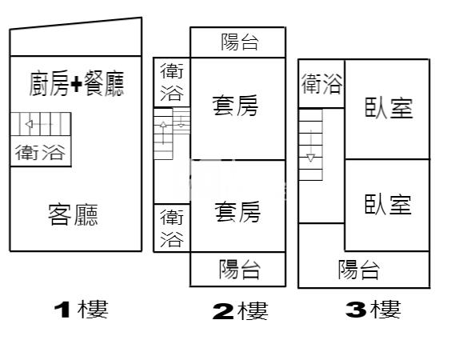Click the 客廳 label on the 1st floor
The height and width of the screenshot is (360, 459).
pyautogui.click(x=73, y=214)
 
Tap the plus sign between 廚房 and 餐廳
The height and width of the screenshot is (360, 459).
pyautogui.click(x=76, y=84)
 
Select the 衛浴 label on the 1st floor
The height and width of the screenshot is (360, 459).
pyautogui.click(x=40, y=152)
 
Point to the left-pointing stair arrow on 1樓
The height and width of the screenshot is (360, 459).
pyautogui.click(x=39, y=124)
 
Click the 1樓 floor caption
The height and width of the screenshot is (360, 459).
pyautogui.click(x=81, y=310)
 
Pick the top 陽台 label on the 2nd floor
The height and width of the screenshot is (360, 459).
pyautogui.click(x=239, y=42)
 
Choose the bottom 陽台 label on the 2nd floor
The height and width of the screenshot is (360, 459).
pyautogui.click(x=239, y=269)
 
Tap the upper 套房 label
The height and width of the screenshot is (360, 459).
pyautogui.click(x=235, y=105)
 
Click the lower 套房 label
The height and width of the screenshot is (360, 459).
pyautogui.click(x=237, y=211)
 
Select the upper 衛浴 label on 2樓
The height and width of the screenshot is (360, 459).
pyautogui.click(x=172, y=82)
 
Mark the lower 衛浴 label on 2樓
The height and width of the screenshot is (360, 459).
pyautogui.click(x=172, y=228)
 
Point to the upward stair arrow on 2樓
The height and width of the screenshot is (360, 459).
pyautogui.click(x=163, y=134)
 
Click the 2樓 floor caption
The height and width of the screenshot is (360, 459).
pyautogui.click(x=240, y=311)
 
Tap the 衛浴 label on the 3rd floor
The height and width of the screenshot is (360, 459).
pyautogui.click(x=321, y=84)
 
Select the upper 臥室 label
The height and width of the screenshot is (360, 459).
pyautogui.click(x=389, y=108)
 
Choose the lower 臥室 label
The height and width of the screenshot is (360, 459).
pyautogui.click(x=388, y=204)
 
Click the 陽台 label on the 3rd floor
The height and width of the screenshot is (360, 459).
pyautogui.click(x=359, y=269)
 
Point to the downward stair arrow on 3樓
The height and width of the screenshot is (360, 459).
pyautogui.click(x=310, y=146)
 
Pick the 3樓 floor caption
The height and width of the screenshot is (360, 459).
pyautogui.click(x=373, y=310)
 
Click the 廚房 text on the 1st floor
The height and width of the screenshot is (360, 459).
pyautogui.click(x=49, y=83)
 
